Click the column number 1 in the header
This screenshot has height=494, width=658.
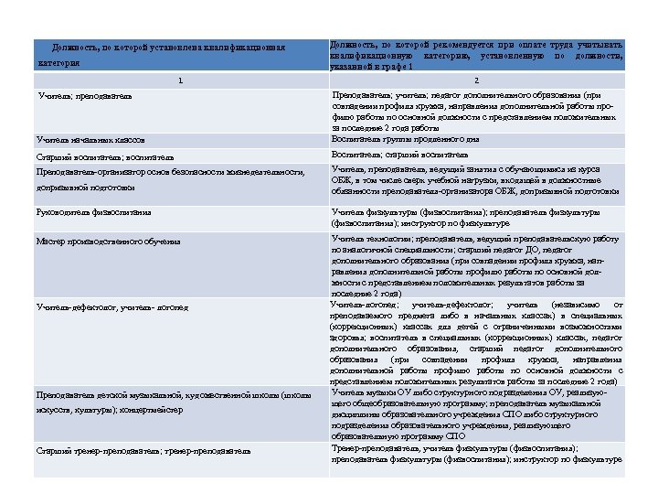pyautogui.click(x=181, y=81)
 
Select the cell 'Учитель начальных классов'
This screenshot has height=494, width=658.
pyautogui.click(x=90, y=141)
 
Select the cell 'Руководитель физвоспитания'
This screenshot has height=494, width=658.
pyautogui.click(x=94, y=212)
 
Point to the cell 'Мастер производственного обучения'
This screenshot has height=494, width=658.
pyautogui.click(x=109, y=242)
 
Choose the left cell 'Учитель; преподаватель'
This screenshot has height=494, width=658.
pyautogui.click(x=85, y=96)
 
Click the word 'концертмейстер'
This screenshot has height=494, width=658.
pyautogui.click(x=152, y=411)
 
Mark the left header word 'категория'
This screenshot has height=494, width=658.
pyautogui.click(x=59, y=63)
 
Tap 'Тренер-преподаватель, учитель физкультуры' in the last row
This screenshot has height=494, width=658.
pyautogui.click(x=420, y=448)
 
